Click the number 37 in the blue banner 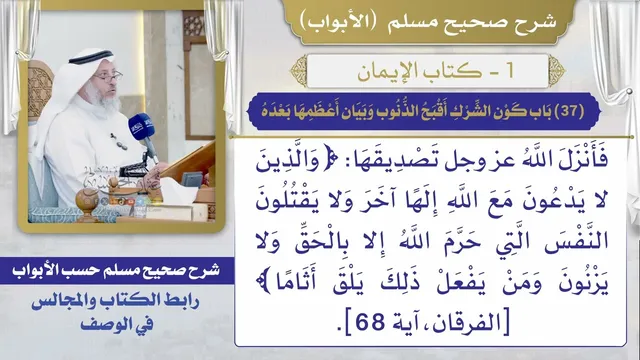572,111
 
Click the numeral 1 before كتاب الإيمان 509,71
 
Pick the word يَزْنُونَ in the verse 583,283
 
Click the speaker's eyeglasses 109,77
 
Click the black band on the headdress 91,56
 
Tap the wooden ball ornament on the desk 87,200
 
